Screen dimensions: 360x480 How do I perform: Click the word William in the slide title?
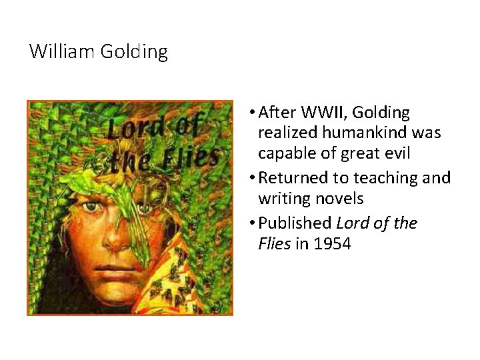[x=63, y=51]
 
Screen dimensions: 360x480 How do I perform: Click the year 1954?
[x=331, y=244]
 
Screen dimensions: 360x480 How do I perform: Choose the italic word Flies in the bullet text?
[x=274, y=244]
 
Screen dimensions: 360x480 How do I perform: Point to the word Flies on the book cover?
[x=193, y=159]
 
